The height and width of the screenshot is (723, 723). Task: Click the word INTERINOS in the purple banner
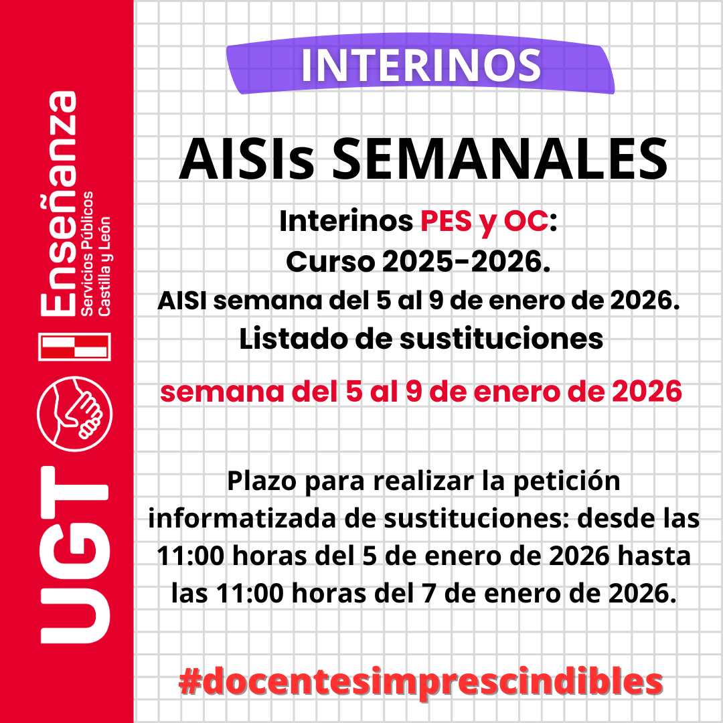coord(420,65)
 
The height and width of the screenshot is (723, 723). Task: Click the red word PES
coord(446,222)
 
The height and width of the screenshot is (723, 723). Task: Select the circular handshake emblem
coord(76,410)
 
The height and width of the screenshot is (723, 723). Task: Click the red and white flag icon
coord(74,346)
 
